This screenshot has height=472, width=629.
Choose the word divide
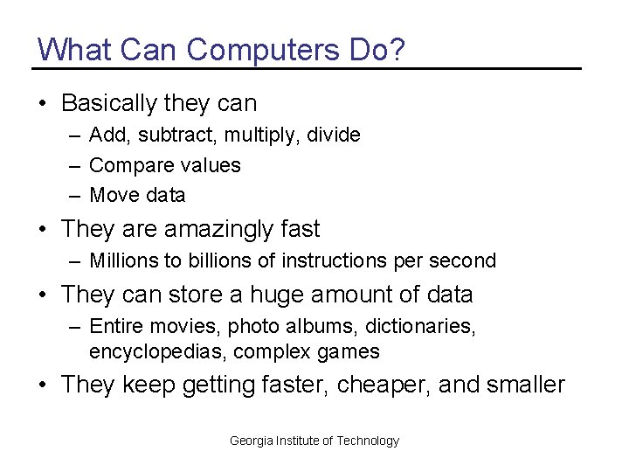point(335,135)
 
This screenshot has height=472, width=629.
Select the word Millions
point(122,260)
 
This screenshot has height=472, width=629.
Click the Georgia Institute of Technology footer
point(314,441)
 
